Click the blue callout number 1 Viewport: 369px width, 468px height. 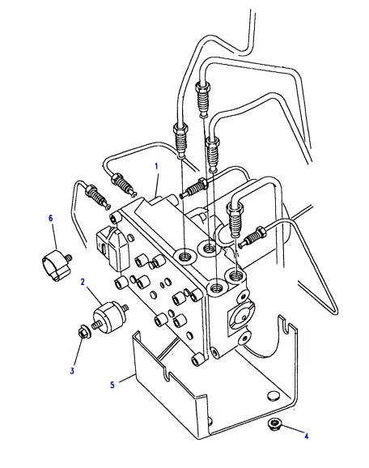click(156, 166)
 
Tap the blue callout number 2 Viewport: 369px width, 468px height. click(83, 282)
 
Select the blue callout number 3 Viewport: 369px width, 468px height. click(72, 371)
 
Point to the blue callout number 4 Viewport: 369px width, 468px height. click(306, 436)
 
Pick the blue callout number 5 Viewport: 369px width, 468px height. click(112, 385)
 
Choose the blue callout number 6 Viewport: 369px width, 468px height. click(51, 218)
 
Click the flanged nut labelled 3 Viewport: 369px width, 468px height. click(82, 332)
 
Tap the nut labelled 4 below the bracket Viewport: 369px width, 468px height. click(273, 423)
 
